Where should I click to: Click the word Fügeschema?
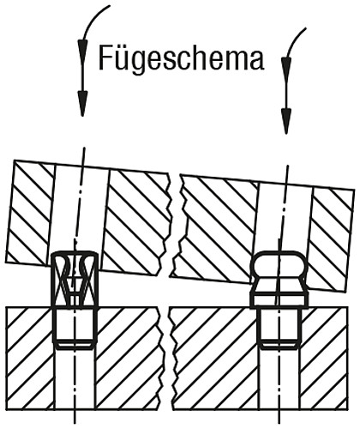coord(181,59)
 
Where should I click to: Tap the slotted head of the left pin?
coord(75,279)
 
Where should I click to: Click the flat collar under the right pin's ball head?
coord(278,299)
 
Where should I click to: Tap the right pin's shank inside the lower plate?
coord(278,330)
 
